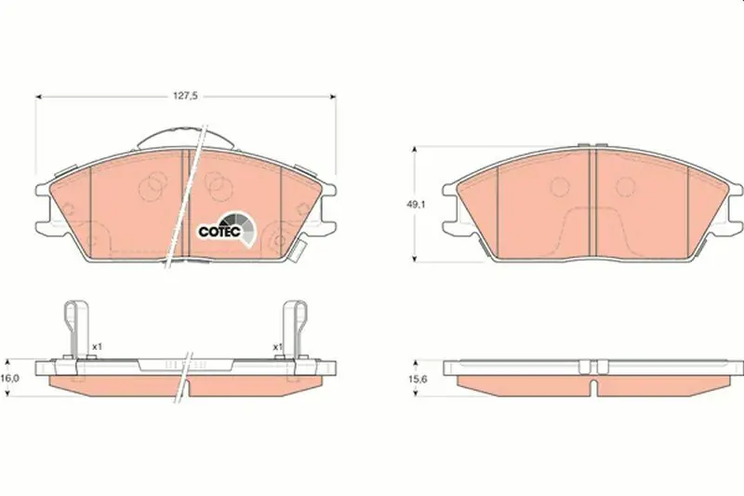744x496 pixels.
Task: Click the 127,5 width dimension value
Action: (x=185, y=96)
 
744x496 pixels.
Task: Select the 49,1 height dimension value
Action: (x=416, y=205)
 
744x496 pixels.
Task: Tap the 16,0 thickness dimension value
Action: (x=9, y=379)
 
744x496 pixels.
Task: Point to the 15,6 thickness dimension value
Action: (x=417, y=380)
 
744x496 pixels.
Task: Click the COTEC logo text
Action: (x=220, y=232)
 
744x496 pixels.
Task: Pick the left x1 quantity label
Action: (x=97, y=347)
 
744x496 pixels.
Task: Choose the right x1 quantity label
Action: (x=277, y=347)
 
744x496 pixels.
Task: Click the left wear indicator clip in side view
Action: (x=75, y=329)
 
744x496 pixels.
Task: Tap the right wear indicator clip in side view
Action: (x=295, y=329)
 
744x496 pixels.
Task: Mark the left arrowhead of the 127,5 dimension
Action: (x=39, y=97)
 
